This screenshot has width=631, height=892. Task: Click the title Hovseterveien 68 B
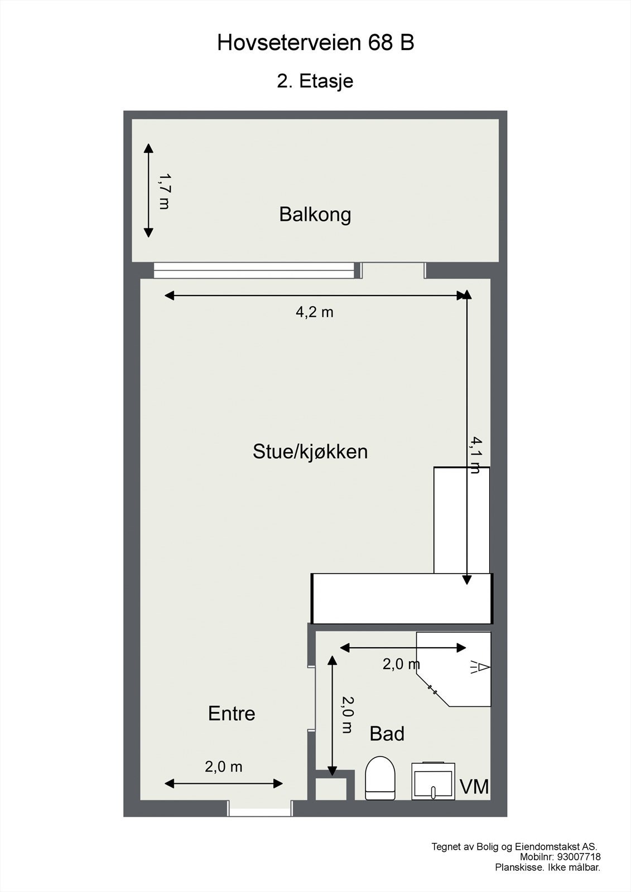[315, 43]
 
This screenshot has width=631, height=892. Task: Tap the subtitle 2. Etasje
[315, 81]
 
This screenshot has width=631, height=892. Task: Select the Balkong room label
[315, 214]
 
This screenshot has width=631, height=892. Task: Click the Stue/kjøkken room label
[310, 451]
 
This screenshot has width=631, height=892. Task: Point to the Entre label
[232, 714]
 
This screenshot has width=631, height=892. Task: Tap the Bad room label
[387, 734]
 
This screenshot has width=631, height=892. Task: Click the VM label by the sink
[474, 787]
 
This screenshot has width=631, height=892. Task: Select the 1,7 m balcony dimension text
[164, 191]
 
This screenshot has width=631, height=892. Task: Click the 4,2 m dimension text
[314, 312]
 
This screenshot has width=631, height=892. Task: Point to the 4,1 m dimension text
[475, 454]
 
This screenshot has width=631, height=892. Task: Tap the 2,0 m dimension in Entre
[223, 767]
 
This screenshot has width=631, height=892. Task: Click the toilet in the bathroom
[380, 778]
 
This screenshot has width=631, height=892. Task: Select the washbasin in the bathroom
[433, 780]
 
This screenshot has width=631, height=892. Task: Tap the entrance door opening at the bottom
[261, 808]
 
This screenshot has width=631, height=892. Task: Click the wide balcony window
[254, 270]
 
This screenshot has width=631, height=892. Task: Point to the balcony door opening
[393, 270]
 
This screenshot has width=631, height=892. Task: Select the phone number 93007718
[579, 857]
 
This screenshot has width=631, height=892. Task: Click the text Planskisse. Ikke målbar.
[547, 867]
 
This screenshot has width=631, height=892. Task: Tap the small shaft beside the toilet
[332, 788]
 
